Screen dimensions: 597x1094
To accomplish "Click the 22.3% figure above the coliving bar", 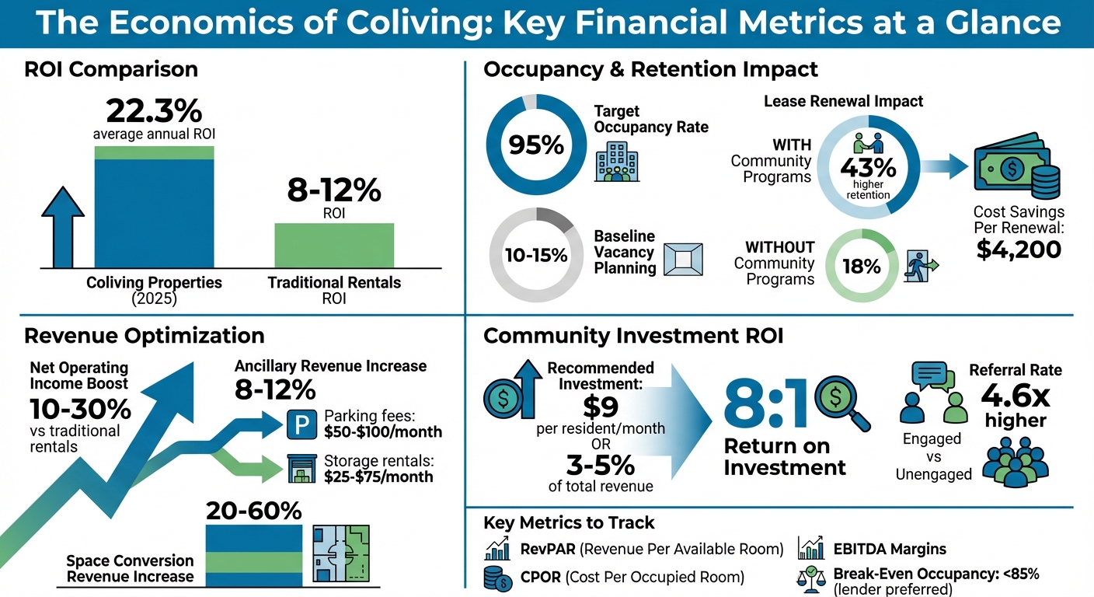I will click(153, 111).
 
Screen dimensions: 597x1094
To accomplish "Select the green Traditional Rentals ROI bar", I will click(334, 245).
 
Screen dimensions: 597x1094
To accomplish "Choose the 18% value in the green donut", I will click(862, 266).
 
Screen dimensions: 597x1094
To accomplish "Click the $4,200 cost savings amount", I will click(1019, 249).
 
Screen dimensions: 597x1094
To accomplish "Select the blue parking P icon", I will click(300, 424).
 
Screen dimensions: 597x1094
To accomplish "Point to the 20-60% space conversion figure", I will click(253, 511).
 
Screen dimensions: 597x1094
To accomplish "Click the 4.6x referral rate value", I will click(1015, 397).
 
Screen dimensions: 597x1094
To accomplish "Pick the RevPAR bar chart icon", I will click(496, 549).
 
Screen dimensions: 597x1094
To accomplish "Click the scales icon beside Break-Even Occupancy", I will click(810, 580).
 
